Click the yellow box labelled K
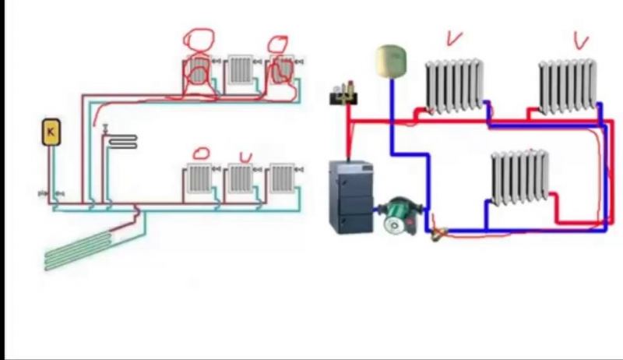[x=51, y=132]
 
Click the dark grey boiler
[x=351, y=196]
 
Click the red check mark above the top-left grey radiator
[x=453, y=37]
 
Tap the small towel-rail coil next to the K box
[x=122, y=141]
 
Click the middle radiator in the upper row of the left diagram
[x=240, y=71]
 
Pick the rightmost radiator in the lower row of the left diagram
[x=281, y=180]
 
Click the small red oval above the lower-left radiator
[x=202, y=153]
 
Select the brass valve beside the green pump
[x=437, y=229]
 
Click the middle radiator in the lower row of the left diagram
[x=240, y=180]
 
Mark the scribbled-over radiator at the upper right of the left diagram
[x=282, y=71]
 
